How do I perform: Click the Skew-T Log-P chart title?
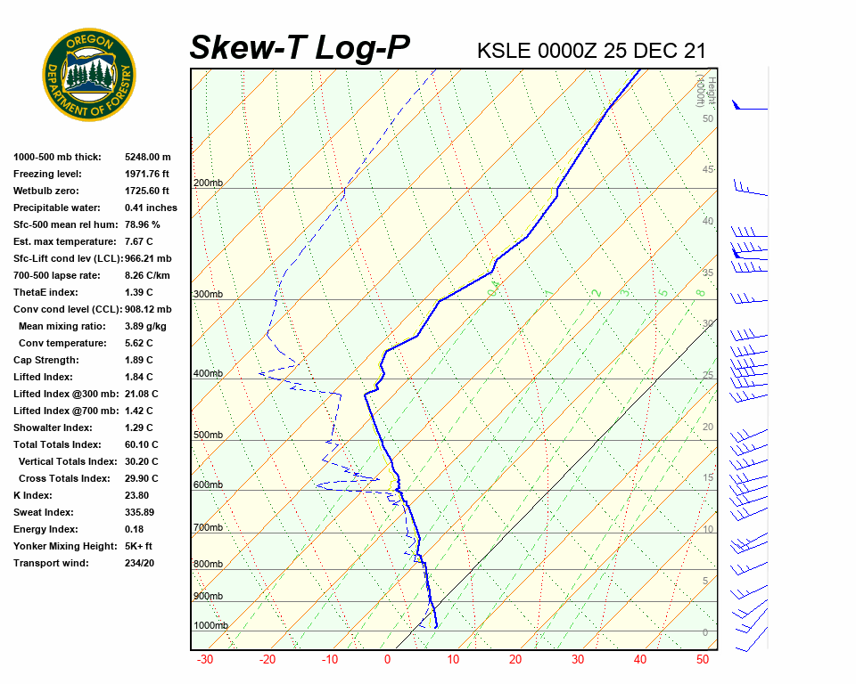[x=300, y=47]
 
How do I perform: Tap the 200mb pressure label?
[x=208, y=183]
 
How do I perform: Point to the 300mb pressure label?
[x=208, y=295]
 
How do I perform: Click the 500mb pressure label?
[x=208, y=436]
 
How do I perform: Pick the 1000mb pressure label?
[x=210, y=626]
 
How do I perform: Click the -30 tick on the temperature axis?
[x=204, y=660]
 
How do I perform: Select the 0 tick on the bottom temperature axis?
[x=387, y=660]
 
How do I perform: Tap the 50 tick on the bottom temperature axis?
[x=703, y=660]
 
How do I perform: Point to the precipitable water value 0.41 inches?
[x=151, y=208]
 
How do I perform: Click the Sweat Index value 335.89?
[x=140, y=512]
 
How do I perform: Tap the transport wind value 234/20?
[x=140, y=563]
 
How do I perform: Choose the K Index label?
[x=33, y=495]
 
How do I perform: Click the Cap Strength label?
[x=45, y=360]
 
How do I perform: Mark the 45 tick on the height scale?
[x=708, y=170]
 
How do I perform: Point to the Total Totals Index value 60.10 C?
[x=141, y=444]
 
